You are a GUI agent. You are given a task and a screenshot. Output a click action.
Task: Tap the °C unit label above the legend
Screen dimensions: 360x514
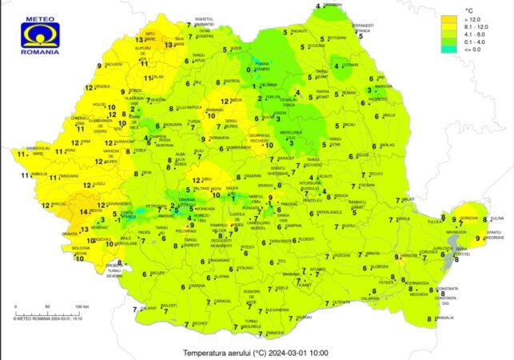452,8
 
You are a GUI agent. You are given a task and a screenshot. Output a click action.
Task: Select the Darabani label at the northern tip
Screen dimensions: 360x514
334,5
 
